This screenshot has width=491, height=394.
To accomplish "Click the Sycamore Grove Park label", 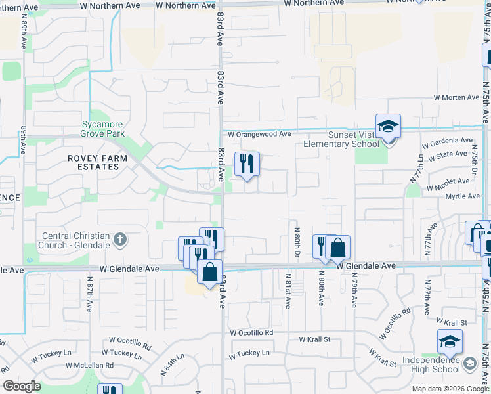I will tap(103, 129).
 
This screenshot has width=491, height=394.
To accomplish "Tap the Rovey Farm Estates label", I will tap(93, 162).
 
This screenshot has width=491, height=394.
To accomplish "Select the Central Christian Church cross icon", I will tap(119, 240).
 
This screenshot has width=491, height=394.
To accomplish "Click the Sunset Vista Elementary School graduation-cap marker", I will tap(388, 127).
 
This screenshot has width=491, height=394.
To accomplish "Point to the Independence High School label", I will tap(431, 364).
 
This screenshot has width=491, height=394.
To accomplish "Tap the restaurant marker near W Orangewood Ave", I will tap(247, 164).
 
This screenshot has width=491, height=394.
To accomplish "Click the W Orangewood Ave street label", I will tap(259, 134).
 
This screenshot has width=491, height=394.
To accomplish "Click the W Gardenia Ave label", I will tap(447, 141).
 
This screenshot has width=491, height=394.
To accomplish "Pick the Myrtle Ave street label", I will tap(462, 196).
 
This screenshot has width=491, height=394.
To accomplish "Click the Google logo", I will tap(22, 386).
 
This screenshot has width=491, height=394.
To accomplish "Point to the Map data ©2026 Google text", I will tap(450, 389).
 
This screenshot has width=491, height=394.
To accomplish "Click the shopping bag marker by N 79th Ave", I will tap(337, 248).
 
